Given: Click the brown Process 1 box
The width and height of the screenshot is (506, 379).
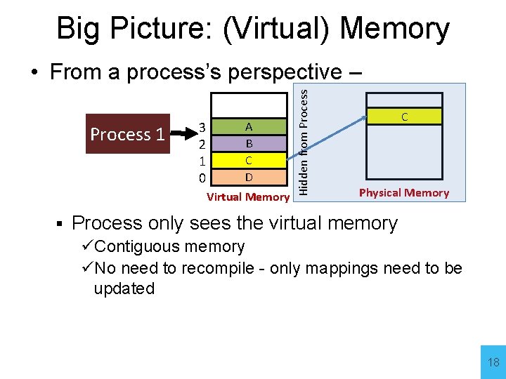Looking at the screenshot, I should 127,134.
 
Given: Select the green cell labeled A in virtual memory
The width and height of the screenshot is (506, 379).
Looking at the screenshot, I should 249,127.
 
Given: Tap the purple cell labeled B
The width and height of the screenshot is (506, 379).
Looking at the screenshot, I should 249,143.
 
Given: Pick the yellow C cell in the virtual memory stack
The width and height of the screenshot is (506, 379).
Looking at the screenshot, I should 249,159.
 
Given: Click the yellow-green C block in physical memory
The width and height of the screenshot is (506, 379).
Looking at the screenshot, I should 404,117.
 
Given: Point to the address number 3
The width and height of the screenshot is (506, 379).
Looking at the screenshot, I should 202,127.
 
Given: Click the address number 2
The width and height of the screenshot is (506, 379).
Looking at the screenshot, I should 202,143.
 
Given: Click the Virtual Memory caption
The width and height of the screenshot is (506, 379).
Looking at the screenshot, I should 247,197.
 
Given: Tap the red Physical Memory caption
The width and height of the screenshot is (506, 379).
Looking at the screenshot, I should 403,192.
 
